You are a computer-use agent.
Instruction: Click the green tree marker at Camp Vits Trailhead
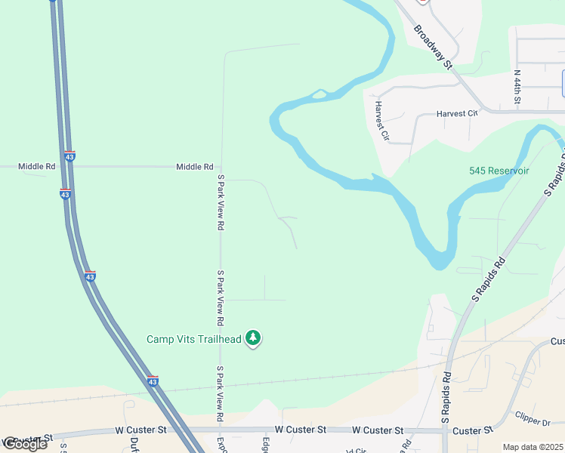pyautogui.click(x=254, y=339)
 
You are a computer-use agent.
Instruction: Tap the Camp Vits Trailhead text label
pyautogui.click(x=194, y=340)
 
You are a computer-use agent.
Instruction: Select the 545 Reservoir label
pyautogui.click(x=499, y=171)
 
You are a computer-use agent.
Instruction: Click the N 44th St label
pyautogui.click(x=517, y=89)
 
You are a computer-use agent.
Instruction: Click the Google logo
pyautogui.click(x=24, y=444)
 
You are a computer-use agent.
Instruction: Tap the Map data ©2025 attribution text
pyautogui.click(x=533, y=447)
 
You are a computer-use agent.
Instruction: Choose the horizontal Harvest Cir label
pyautogui.click(x=458, y=113)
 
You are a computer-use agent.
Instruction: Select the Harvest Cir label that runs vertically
pyautogui.click(x=381, y=121)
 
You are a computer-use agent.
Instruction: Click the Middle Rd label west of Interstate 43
pyautogui.click(x=37, y=166)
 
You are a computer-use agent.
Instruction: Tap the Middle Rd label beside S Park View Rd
pyautogui.click(x=195, y=166)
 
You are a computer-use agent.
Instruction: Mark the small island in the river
pyautogui.click(x=320, y=94)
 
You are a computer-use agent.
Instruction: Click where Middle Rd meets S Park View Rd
pyautogui.click(x=221, y=166)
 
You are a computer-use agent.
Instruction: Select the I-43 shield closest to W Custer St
pyautogui.click(x=153, y=381)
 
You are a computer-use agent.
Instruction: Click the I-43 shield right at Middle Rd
pyautogui.click(x=69, y=156)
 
